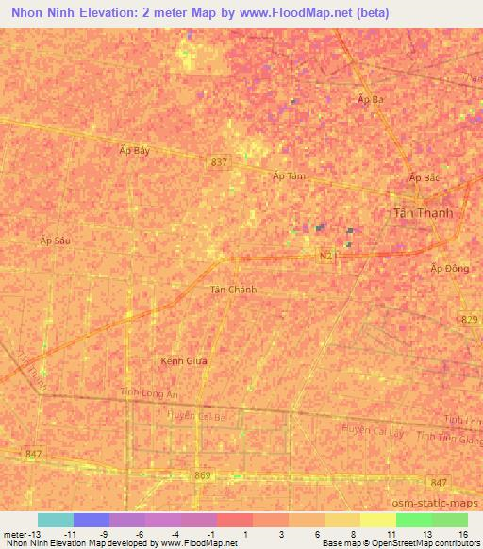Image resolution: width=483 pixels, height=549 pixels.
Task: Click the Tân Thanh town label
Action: pyautogui.click(x=422, y=213)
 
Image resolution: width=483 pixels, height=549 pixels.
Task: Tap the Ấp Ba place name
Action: pyautogui.click(x=371, y=99)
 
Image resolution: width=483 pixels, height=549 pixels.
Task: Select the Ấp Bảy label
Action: pyautogui.click(x=135, y=150)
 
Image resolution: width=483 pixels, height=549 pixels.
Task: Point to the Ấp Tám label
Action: pyautogui.click(x=289, y=176)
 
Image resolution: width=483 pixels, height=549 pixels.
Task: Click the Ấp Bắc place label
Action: pyautogui.click(x=425, y=177)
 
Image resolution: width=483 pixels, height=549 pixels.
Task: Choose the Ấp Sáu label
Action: pyautogui.click(x=56, y=241)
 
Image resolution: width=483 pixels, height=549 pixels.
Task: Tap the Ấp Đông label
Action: pyautogui.click(x=449, y=269)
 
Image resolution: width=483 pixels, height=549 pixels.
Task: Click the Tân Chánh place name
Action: pyautogui.click(x=233, y=290)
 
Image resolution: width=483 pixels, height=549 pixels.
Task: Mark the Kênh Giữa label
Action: pyautogui.click(x=184, y=360)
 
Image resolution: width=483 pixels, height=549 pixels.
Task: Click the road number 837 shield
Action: pyautogui.click(x=219, y=162)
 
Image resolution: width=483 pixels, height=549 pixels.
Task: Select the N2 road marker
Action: pyautogui.click(x=325, y=256)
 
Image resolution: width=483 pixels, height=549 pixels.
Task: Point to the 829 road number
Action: pyautogui.click(x=470, y=321)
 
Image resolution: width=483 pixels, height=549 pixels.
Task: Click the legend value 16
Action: pyautogui.click(x=463, y=535)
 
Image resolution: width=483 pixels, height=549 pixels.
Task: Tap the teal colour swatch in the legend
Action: pyautogui.click(x=55, y=520)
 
